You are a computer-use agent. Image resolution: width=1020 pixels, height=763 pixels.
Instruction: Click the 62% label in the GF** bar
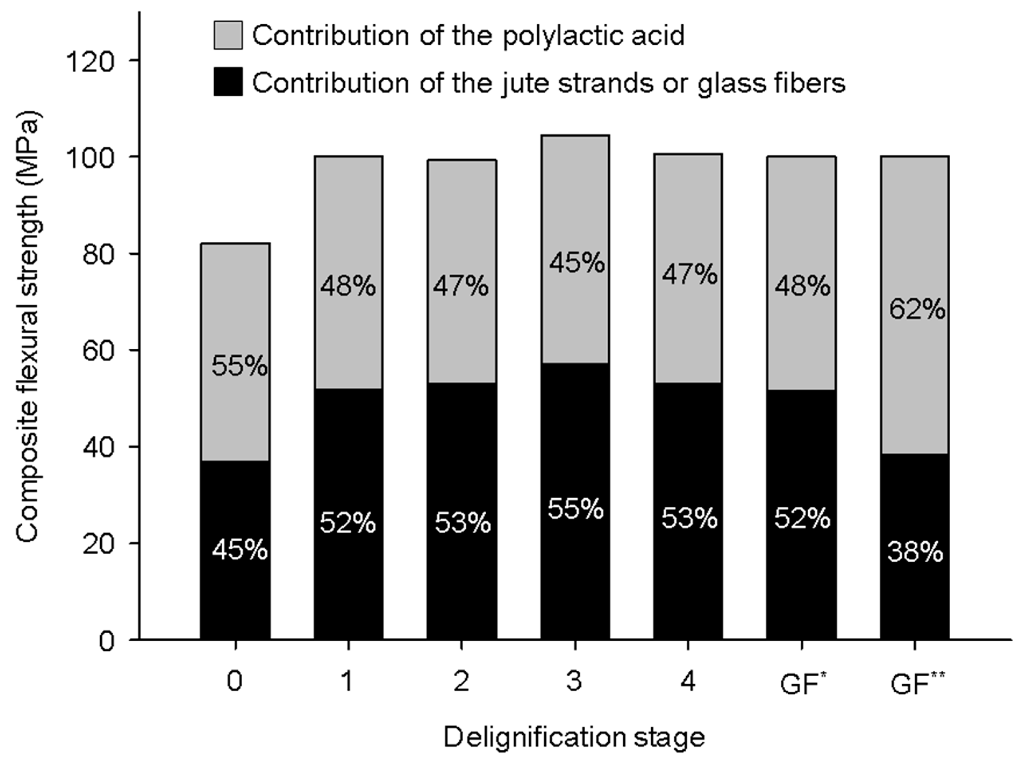[x=916, y=309]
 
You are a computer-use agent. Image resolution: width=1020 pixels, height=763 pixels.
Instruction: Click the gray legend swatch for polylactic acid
[x=228, y=35]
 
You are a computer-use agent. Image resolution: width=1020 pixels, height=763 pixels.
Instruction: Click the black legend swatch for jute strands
[x=228, y=82]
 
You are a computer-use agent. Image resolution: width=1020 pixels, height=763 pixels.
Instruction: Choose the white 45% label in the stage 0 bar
[x=239, y=551]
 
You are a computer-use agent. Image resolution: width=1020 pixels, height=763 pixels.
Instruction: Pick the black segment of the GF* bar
[x=801, y=576]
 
